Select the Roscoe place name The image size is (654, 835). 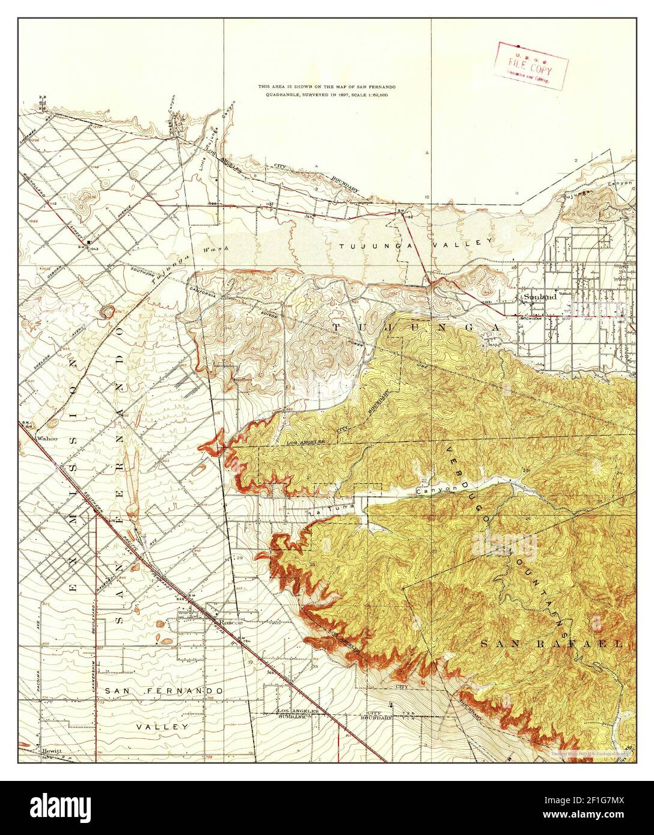[x=230, y=622]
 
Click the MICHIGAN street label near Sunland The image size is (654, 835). [x=531, y=318]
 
